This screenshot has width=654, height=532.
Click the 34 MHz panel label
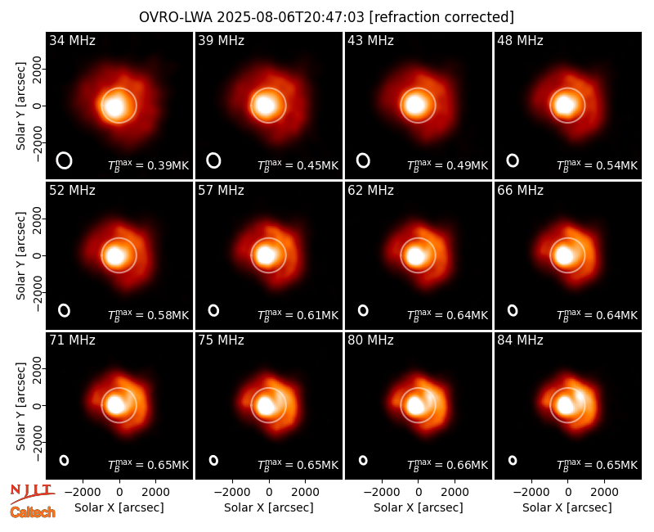[x=72, y=40]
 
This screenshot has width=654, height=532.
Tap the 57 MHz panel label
[x=221, y=191]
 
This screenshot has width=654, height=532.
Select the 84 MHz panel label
[x=520, y=340]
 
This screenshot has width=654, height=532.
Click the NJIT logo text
[x=32, y=490]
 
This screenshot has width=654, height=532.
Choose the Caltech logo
[x=33, y=512]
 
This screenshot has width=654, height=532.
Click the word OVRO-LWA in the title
[x=176, y=17]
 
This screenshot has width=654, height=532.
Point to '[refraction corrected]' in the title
[x=441, y=17]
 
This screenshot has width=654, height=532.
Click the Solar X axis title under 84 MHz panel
[x=567, y=507]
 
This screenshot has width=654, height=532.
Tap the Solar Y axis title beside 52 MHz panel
[x=20, y=255]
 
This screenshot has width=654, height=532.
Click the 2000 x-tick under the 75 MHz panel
[x=305, y=492]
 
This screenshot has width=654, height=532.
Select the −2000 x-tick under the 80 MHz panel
[x=382, y=492]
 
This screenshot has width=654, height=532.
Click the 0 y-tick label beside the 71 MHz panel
[x=38, y=405]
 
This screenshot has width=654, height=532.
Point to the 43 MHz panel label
[x=371, y=40]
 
